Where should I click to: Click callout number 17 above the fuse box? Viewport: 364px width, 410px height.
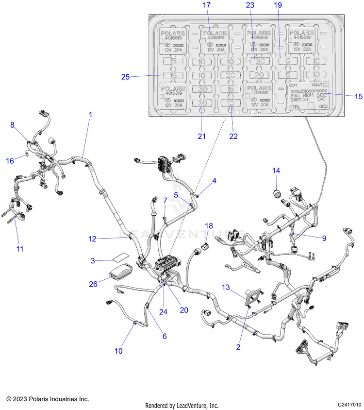tap(207, 5)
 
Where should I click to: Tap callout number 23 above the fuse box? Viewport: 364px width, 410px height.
tap(250, 5)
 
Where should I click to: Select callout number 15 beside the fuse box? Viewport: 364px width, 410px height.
tap(358, 97)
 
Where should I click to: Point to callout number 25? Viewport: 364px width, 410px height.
tap(126, 76)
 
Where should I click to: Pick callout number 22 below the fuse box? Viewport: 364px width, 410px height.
tap(233, 136)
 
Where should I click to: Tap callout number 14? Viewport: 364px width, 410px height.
tap(276, 171)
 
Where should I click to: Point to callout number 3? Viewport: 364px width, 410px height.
tap(93, 261)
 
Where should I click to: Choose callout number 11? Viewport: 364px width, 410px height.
tap(20, 249)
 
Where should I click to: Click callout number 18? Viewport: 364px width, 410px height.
tap(209, 226)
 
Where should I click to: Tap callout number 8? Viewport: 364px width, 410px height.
tap(13, 125)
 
